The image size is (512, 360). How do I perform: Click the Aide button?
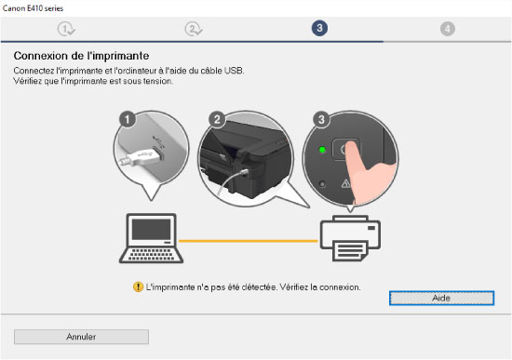(441, 298)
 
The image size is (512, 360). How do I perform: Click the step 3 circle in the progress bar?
(319, 28)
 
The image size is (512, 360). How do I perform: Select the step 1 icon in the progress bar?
(66, 29)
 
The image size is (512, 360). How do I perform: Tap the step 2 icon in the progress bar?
(194, 29)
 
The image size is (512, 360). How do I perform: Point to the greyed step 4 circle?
(448, 29)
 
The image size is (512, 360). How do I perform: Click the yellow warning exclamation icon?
(138, 287)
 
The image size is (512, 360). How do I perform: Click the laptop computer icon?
(151, 238)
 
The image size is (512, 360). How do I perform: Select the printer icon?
(350, 238)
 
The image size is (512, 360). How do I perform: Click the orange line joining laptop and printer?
(249, 241)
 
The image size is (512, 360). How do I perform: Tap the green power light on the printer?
(322, 150)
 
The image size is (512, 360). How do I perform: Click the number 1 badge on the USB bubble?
(128, 119)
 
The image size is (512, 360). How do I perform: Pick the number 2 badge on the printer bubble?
(217, 119)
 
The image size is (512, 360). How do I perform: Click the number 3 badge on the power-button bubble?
(321, 119)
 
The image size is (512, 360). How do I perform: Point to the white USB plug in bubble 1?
(141, 157)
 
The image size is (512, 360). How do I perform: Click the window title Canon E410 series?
(33, 8)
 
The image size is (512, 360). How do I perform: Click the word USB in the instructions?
(233, 71)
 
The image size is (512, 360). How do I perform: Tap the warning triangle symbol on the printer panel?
(345, 184)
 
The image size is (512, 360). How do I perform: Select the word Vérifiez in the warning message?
(293, 287)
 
